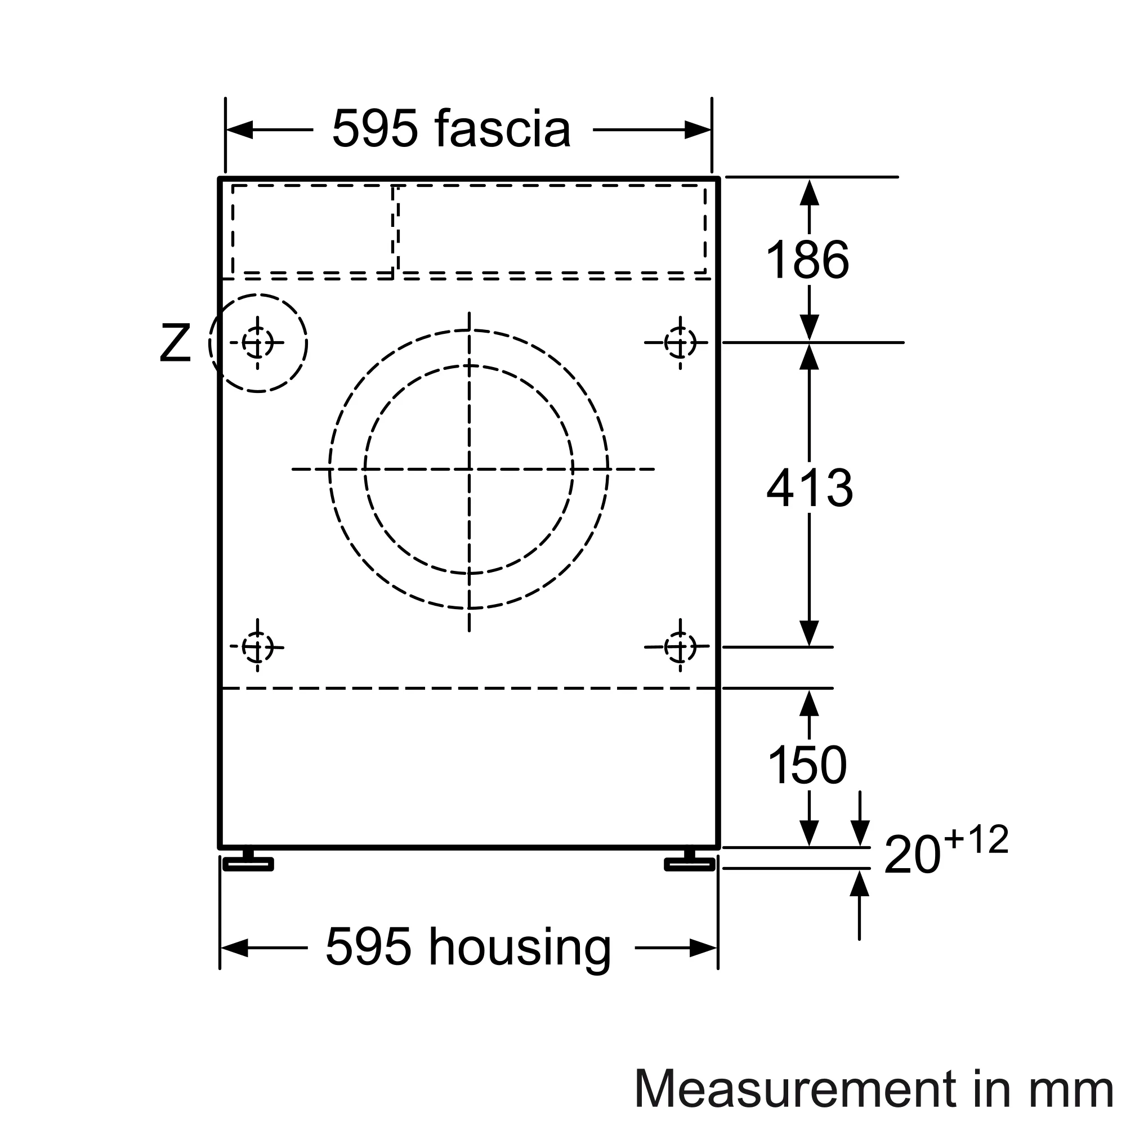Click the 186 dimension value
pyautogui.click(x=807, y=260)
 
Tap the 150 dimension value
pyautogui.click(x=807, y=765)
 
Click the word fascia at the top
pyautogui.click(x=502, y=128)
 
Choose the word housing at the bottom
pyautogui.click(x=520, y=948)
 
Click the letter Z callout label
pyautogui.click(x=175, y=343)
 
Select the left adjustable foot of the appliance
pyautogui.click(x=248, y=862)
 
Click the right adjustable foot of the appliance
pyautogui.click(x=690, y=862)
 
